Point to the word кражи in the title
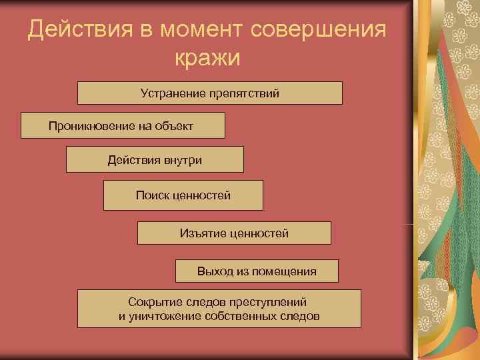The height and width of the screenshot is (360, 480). coord(207,59)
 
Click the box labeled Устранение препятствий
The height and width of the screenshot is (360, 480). coord(209,93)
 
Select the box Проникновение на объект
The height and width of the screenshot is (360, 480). coord(123,125)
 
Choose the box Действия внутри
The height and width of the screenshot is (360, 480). coord(155,159)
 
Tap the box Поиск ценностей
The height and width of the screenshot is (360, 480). coord(183,195)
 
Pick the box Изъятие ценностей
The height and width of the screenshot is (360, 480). coord(233,233)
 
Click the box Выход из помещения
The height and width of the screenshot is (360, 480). coord(257,271)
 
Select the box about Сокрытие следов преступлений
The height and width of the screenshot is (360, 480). coord(219,309)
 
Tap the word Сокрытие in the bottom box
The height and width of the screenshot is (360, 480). coord(151,301)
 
